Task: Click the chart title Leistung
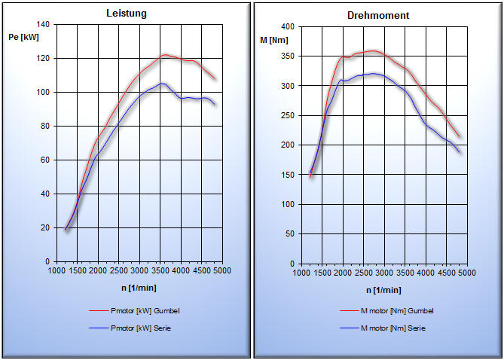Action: pyautogui.click(x=126, y=14)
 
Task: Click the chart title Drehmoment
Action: pyautogui.click(x=378, y=15)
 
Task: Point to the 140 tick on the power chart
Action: pyautogui.click(x=42, y=25)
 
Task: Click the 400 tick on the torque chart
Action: pyautogui.click(x=288, y=26)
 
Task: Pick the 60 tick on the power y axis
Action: pyautogui.click(x=44, y=160)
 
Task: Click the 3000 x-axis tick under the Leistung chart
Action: pyautogui.click(x=140, y=270)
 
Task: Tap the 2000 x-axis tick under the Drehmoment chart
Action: pyautogui.click(x=343, y=273)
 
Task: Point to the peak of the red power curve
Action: pyautogui.click(x=165, y=54)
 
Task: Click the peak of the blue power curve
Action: pyautogui.click(x=161, y=83)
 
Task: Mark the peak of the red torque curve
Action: pyautogui.click(x=374, y=50)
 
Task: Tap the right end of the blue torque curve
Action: pyautogui.click(x=460, y=152)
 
